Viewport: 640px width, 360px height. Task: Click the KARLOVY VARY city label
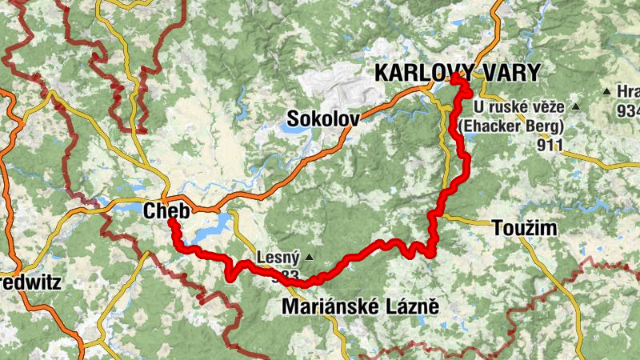[458, 73]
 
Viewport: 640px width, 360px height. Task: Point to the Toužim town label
[521, 229]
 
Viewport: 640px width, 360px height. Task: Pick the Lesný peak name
[278, 258]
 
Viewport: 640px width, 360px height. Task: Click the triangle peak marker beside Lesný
[309, 258]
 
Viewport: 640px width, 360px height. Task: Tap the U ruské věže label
[518, 106]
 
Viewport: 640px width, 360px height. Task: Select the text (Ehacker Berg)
[510, 126]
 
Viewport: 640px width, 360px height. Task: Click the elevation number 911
[551, 146]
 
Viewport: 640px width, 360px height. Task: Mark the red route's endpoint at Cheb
[171, 222]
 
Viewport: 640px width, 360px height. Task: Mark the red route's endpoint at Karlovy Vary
[456, 77]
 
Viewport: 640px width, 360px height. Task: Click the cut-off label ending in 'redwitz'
[25, 282]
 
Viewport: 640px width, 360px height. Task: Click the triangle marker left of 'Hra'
[607, 90]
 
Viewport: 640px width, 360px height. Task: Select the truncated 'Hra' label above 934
[628, 90]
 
